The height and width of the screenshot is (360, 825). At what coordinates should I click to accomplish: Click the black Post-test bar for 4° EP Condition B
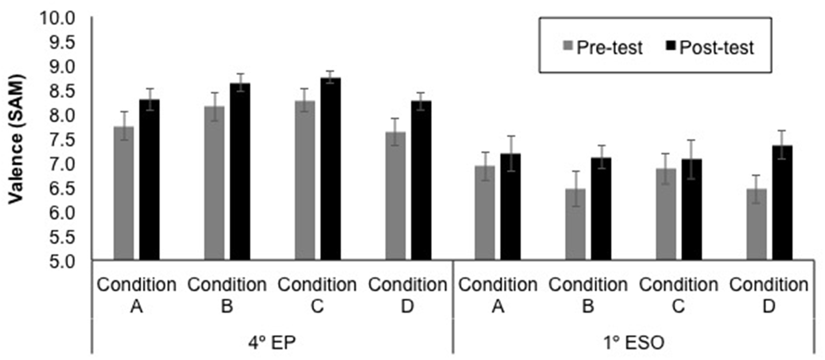(240, 172)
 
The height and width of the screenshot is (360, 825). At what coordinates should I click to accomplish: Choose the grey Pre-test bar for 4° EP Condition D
(395, 196)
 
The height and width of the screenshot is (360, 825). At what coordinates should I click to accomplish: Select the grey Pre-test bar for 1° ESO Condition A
(485, 213)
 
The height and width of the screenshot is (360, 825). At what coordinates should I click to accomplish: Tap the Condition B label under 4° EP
(227, 295)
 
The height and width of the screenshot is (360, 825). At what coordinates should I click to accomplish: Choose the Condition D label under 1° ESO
(769, 295)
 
